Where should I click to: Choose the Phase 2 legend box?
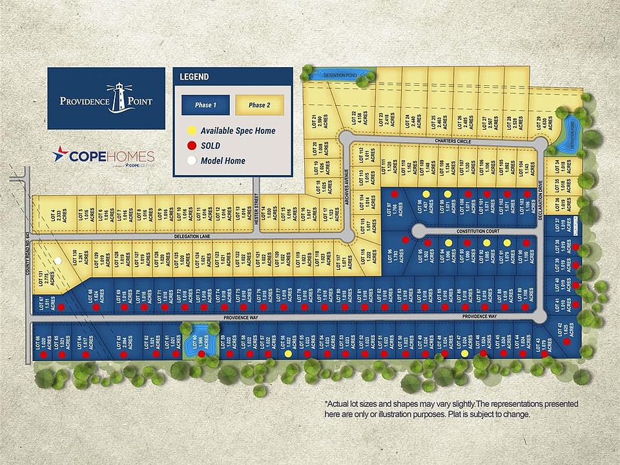click(x=259, y=105)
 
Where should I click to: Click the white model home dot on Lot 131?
click(x=58, y=261)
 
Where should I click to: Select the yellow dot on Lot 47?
click(x=464, y=354)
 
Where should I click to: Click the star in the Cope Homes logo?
click(x=61, y=156)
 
